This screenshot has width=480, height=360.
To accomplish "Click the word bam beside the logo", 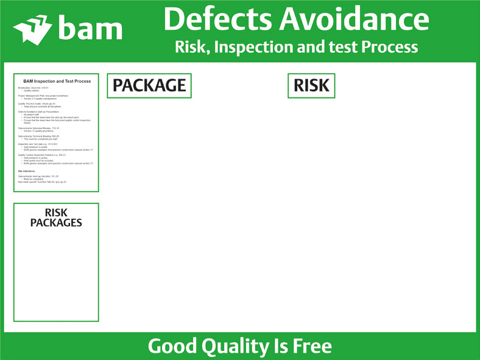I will [90, 28].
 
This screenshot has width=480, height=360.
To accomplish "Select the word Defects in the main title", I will [217, 19].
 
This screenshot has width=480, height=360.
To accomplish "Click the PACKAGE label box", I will [149, 86].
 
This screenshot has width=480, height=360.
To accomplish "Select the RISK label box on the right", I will [311, 86].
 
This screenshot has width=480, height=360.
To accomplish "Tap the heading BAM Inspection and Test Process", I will [57, 81].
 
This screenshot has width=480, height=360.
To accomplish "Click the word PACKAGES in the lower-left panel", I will [56, 223].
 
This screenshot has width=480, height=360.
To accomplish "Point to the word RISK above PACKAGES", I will [56, 213].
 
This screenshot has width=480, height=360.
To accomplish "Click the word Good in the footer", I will [171, 347].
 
